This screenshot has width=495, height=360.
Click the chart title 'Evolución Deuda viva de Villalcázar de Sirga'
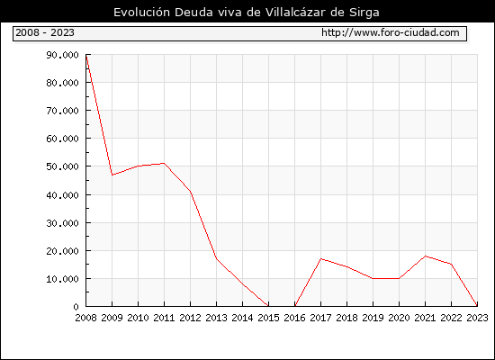click(x=247, y=13)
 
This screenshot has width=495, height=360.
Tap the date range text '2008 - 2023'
click(x=45, y=32)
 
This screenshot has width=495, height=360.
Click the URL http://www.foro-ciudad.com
click(x=391, y=32)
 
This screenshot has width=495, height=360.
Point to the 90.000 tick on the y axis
click(x=62, y=55)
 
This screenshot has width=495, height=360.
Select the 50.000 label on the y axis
click(x=62, y=166)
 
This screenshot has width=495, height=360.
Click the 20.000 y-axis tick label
click(x=62, y=251)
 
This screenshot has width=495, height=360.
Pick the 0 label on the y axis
click(x=76, y=307)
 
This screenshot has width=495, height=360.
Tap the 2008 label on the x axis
click(x=85, y=318)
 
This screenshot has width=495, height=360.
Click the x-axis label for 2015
click(x=269, y=318)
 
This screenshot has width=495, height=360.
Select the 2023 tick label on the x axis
click(x=477, y=318)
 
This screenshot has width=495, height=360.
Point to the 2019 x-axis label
click(x=373, y=318)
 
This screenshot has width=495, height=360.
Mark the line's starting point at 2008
click(x=86, y=55)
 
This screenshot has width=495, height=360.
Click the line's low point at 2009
click(x=112, y=175)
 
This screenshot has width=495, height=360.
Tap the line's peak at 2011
click(x=164, y=163)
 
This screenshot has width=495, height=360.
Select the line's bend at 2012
click(x=191, y=192)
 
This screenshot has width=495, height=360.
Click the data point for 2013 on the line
click(x=217, y=259)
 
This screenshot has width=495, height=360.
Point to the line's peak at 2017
click(x=320, y=259)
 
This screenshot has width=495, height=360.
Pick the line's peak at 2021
click(x=425, y=256)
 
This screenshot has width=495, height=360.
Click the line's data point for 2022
click(x=452, y=265)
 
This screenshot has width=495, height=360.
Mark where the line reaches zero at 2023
click(x=477, y=306)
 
